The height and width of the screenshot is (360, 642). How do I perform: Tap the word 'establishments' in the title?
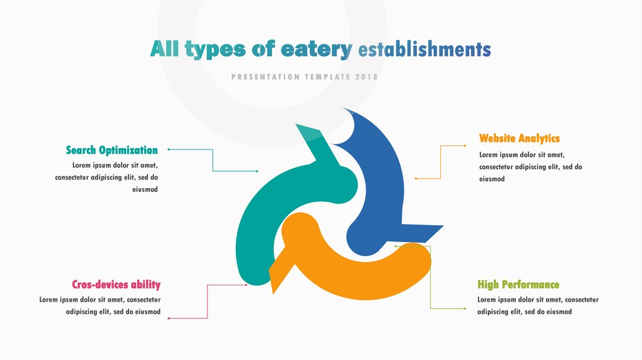[424, 50]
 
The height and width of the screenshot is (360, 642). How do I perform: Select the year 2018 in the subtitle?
[366, 77]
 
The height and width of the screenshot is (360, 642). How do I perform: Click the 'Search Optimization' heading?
[112, 150]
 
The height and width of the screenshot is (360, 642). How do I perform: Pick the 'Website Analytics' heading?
[519, 138]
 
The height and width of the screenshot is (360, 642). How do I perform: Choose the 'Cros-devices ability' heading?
[116, 284]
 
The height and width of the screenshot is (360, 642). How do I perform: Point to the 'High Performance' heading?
[518, 285]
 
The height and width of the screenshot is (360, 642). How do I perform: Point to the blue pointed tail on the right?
[426, 231]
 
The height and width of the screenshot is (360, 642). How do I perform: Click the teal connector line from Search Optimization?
[213, 160]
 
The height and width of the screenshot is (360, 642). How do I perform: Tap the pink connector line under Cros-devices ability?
[207, 301]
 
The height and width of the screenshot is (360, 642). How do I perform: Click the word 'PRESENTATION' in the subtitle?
[265, 77]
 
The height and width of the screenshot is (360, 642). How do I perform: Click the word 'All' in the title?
[164, 50]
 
